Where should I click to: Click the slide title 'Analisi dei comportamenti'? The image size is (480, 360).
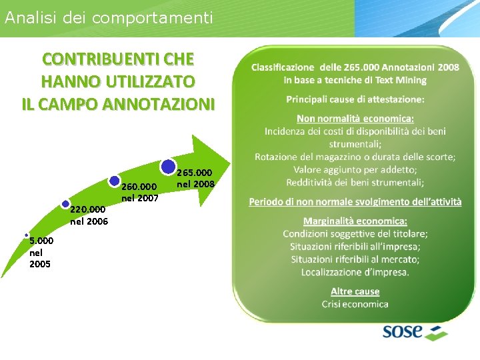(109, 17)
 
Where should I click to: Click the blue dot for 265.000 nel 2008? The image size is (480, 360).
(169, 167)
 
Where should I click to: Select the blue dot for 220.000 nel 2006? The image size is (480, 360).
(65, 204)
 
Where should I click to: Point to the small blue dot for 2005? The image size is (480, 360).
(26, 235)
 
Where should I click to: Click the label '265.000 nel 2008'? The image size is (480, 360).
(195, 177)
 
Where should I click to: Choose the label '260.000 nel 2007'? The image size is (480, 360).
(139, 192)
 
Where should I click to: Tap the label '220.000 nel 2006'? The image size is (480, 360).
(88, 215)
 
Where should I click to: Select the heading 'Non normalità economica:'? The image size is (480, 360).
(355, 119)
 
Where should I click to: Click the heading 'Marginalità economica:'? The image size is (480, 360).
(355, 221)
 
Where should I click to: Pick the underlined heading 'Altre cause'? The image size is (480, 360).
(355, 291)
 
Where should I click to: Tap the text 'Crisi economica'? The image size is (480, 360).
(355, 304)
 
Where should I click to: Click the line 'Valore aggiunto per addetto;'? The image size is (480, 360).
(355, 169)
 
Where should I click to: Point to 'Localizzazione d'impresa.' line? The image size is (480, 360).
(355, 271)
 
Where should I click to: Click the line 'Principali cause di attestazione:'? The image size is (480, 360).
(355, 99)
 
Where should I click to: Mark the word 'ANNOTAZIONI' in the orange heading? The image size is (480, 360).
(157, 104)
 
